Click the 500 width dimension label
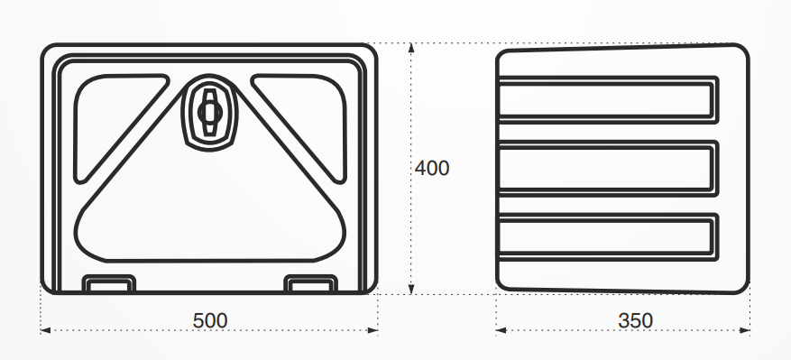210,320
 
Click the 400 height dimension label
432,168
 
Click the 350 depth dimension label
635,320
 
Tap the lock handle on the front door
209,112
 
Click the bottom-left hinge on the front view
108,283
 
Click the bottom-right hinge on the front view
310,283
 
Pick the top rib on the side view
607,100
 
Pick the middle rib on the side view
607,168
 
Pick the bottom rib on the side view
607,237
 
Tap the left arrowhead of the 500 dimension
45,331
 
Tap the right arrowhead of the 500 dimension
373,331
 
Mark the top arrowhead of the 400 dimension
411,49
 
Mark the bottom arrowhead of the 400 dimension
411,289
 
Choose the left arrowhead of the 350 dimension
501,331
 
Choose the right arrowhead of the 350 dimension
745,331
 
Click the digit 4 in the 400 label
420,168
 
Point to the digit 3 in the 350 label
623,320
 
